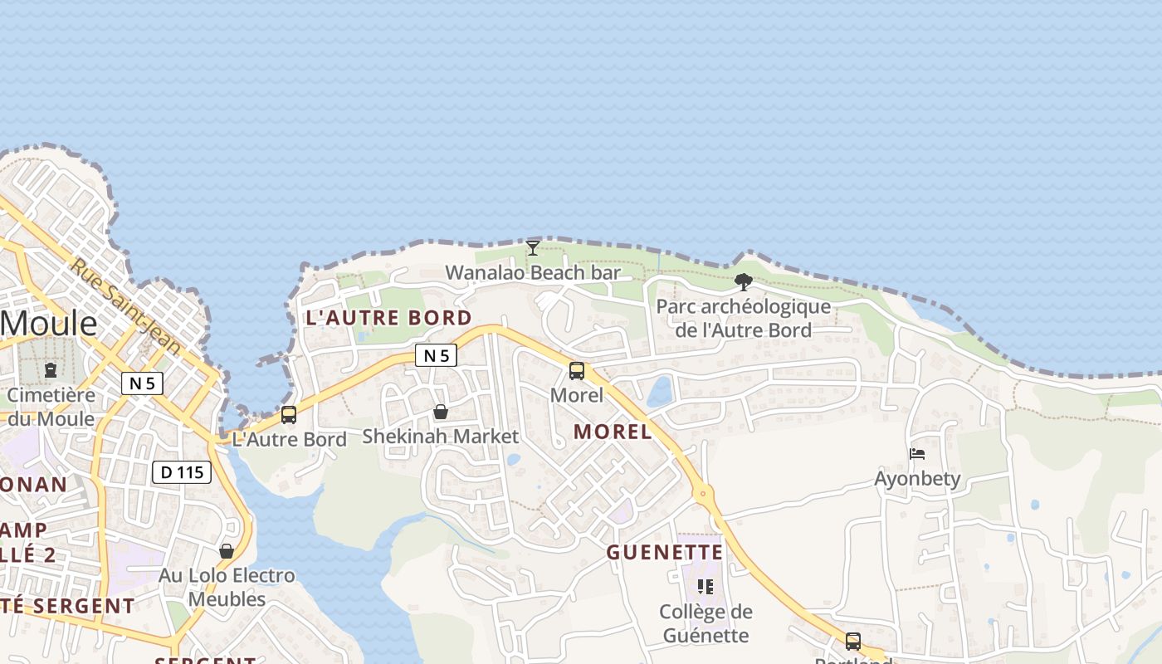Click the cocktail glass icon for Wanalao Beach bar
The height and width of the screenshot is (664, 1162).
[x=533, y=248]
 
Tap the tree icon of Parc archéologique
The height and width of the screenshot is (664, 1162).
[x=744, y=282]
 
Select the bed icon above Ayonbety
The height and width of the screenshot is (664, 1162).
[x=917, y=454]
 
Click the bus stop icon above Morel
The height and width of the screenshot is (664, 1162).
[x=577, y=371]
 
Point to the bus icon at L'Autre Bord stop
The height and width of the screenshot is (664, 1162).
[x=289, y=414]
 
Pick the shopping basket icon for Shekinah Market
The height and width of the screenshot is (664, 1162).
[x=441, y=412]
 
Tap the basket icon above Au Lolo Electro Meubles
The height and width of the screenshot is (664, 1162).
[x=227, y=551]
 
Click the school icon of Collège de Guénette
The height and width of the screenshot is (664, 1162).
[x=705, y=587]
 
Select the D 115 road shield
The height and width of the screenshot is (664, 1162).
[x=182, y=472]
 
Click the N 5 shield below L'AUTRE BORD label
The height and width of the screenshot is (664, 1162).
[x=437, y=356]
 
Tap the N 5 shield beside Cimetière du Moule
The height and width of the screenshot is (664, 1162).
[x=142, y=383]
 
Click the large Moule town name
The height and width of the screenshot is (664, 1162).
[x=48, y=322]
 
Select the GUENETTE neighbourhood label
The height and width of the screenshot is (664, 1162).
[x=665, y=552]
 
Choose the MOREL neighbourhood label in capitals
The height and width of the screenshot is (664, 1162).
[x=613, y=432]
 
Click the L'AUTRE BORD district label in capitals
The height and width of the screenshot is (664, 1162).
[x=388, y=318]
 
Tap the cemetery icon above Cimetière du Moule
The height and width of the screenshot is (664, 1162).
[x=51, y=369]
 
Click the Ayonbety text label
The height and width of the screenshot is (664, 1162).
[x=917, y=479]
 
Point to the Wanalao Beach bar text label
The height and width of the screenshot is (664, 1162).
[x=533, y=272]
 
